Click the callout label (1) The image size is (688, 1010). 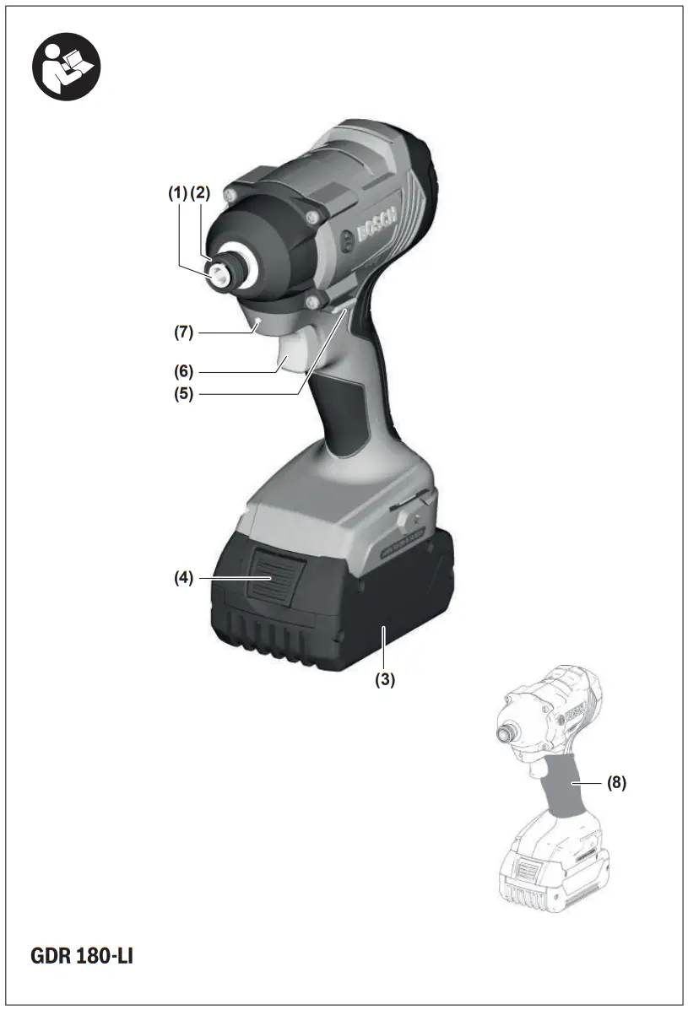176,193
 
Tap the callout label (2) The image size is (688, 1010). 199,193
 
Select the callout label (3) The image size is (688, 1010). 385,680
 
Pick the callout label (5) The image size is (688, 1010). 184,394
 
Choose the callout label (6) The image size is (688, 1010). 184,370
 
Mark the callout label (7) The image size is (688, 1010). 184,332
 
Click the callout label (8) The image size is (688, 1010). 617,782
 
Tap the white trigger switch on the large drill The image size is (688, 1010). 289,359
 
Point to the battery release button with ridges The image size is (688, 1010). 270,579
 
